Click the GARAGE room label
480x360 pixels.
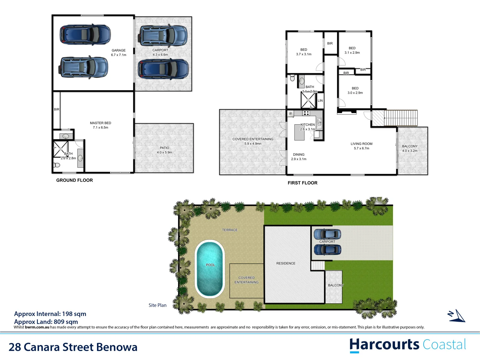coord(118,50)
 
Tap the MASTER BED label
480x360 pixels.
coord(100,123)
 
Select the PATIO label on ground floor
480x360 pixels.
coord(164,148)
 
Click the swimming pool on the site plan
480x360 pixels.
coord(210,268)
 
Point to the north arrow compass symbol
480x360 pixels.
coord(457,316)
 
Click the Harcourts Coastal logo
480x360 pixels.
coord(407,345)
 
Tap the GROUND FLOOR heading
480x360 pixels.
coord(74,180)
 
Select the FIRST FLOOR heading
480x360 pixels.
coord(302,183)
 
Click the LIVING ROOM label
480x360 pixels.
coord(361,144)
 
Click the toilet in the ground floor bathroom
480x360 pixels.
coord(57,165)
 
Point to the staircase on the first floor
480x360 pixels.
coord(400,118)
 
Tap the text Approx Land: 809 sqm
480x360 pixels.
coord(46,322)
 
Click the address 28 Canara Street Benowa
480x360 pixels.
coord(73,347)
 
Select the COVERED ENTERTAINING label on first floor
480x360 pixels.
coord(253,139)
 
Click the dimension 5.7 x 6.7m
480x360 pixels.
coord(361,148)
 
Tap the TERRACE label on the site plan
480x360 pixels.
coord(230,230)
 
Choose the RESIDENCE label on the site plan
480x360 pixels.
coord(286,263)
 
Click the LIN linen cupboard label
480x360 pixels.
coord(320,101)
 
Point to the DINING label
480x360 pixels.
coord(299,155)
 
